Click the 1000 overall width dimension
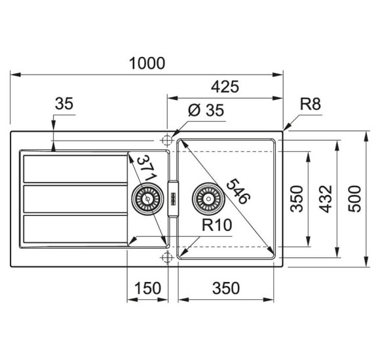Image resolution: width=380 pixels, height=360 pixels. (147, 63)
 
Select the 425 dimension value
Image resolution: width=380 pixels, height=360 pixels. (225, 86)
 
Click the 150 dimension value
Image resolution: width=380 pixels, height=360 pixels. (147, 287)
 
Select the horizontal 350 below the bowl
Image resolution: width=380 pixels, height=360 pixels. (225, 287)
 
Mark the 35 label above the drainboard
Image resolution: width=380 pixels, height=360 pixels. (64, 103)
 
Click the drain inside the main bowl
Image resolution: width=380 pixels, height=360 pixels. (206, 196)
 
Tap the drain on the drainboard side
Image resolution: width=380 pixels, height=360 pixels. (147, 196)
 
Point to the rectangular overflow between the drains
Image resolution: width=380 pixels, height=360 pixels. (173, 196)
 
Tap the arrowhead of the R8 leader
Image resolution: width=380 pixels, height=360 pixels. (284, 130)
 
